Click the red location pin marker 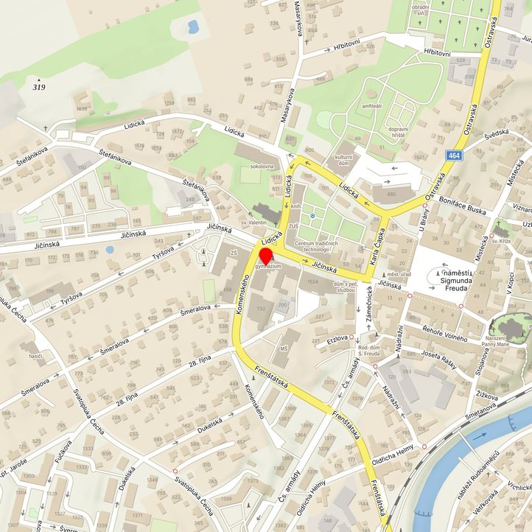(266, 256)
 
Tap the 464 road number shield (455, 155)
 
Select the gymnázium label (269, 266)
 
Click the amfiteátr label (372, 106)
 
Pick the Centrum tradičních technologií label (316, 247)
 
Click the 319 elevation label (39, 87)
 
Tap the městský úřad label (398, 274)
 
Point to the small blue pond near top (194, 29)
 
